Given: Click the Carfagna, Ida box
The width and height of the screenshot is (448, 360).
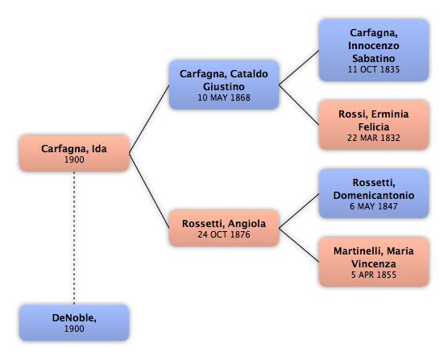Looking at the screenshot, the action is [74, 153].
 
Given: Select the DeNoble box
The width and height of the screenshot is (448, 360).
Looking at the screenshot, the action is [74, 323].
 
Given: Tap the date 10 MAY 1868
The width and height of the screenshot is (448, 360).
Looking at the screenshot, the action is [224, 97].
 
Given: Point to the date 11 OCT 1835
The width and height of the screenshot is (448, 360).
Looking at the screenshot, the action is [373, 69].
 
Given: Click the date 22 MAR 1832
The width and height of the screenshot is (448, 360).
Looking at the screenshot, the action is [373, 138].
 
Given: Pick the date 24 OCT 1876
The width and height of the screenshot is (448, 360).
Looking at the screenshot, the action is [224, 234].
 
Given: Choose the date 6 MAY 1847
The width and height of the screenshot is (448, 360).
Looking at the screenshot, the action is [373, 206].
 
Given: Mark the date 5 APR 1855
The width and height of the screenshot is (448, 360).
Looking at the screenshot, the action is [373, 275].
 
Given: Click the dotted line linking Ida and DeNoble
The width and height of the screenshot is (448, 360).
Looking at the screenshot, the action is [74, 238].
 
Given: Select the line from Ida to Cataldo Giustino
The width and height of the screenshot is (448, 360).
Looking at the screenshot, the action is [149, 119].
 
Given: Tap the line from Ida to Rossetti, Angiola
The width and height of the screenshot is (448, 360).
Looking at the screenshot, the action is [149, 191].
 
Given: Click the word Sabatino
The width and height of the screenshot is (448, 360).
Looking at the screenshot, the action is [373, 58].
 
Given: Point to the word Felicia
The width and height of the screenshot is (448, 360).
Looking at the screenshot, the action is [374, 126].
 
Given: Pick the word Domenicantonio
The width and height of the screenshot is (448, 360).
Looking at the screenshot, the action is [374, 195].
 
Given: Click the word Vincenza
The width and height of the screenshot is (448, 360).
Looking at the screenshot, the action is [374, 264].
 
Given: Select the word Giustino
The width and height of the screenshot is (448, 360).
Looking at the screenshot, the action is [224, 86].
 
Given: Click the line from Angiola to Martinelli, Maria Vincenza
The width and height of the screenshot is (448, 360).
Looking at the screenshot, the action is [299, 245].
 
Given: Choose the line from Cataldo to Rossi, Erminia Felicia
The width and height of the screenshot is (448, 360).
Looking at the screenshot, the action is [299, 105].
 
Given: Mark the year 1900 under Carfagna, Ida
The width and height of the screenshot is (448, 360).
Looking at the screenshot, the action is [74, 159].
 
